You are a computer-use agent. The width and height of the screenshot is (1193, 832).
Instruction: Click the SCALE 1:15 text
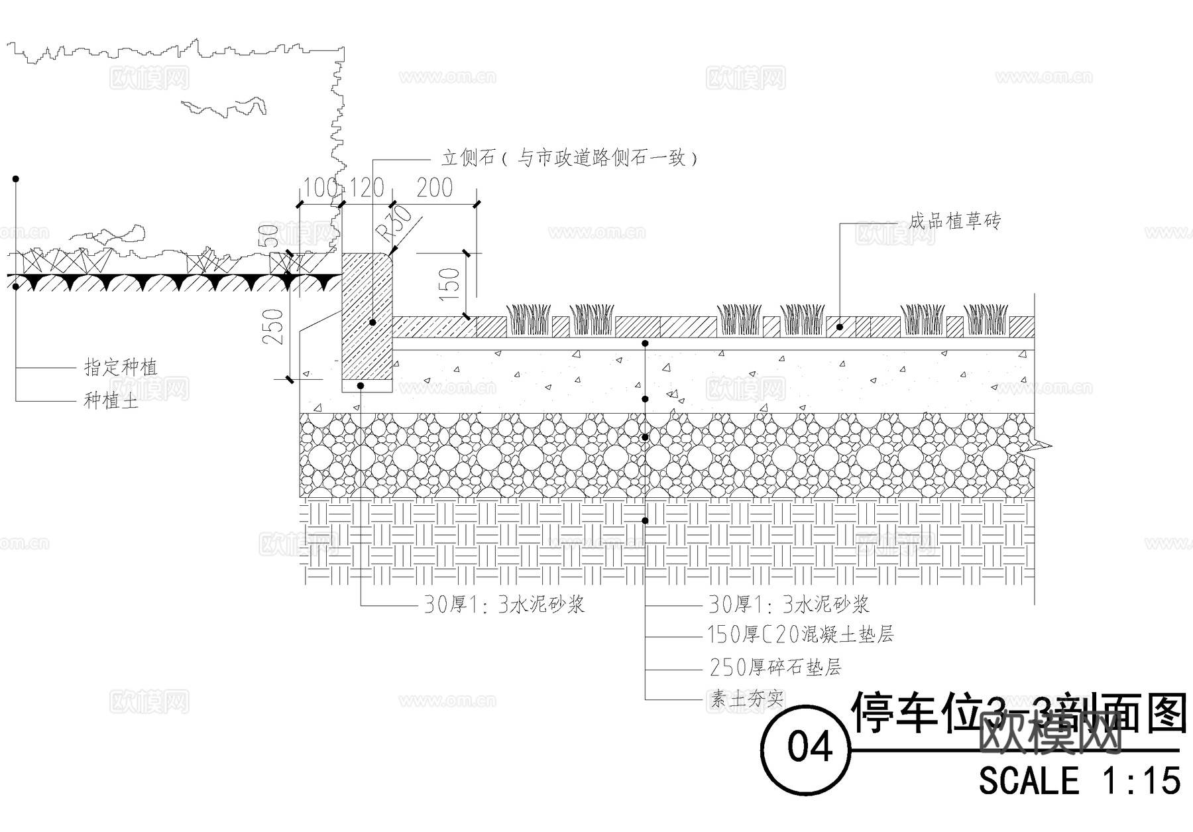(x=1080, y=780)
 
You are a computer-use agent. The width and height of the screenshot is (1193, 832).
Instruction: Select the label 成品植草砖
(x=954, y=221)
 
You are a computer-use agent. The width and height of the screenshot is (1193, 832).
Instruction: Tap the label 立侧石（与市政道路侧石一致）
(x=569, y=158)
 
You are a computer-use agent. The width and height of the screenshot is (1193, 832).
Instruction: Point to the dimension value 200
(x=434, y=188)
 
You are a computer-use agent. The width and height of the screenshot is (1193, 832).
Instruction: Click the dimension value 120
(x=367, y=188)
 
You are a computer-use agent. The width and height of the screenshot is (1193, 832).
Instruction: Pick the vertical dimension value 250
(x=274, y=327)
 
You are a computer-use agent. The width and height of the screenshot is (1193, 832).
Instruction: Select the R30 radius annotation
(x=394, y=223)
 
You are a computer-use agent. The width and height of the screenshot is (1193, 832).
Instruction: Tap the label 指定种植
(x=121, y=367)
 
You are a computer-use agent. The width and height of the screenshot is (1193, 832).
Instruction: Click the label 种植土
(x=111, y=400)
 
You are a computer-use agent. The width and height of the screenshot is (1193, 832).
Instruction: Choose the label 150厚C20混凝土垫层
(x=801, y=635)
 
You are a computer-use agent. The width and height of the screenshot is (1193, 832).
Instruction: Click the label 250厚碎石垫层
(x=775, y=667)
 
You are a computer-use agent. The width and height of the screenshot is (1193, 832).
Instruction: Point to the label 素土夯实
(x=748, y=699)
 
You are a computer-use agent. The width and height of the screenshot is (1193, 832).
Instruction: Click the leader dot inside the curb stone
(x=372, y=322)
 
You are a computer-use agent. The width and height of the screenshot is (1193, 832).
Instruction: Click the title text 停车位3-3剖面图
(x=1017, y=713)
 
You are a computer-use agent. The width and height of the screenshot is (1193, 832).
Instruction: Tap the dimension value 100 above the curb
(x=321, y=188)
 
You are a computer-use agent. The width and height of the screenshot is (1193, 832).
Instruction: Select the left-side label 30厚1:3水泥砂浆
(x=504, y=604)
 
